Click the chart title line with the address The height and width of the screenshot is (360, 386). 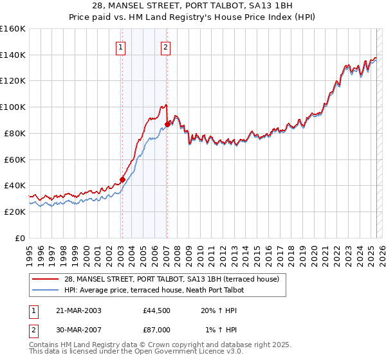(x=192, y=6)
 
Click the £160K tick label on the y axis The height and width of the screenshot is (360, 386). (x=12, y=29)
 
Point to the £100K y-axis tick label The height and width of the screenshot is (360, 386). (x=12, y=107)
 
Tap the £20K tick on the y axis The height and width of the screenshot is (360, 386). (x=15, y=212)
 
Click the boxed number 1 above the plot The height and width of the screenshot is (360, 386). (x=121, y=46)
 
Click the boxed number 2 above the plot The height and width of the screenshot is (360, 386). (x=165, y=46)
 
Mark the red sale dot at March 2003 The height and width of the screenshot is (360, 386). (x=122, y=179)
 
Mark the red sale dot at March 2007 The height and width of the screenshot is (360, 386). (x=168, y=124)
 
